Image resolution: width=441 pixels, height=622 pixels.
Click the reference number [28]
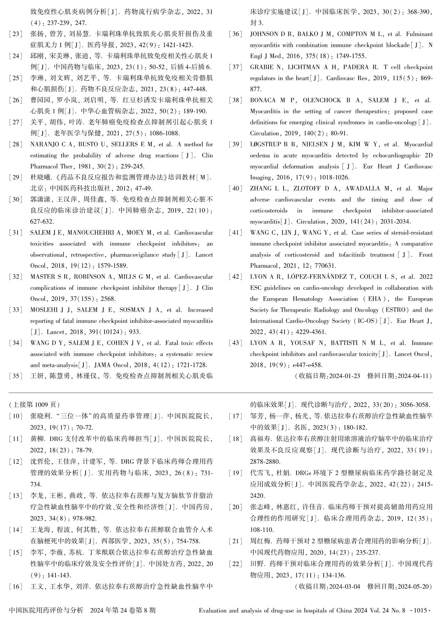point(16,145)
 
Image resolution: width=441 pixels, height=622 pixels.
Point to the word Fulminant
point(419,34)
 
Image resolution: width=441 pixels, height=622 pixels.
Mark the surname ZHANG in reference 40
point(259,189)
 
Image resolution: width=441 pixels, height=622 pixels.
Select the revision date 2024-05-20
point(412,586)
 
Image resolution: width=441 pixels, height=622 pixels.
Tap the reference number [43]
point(236,343)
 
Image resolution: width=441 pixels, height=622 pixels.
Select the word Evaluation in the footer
point(212,610)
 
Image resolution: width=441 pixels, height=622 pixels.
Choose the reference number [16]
point(16,586)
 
